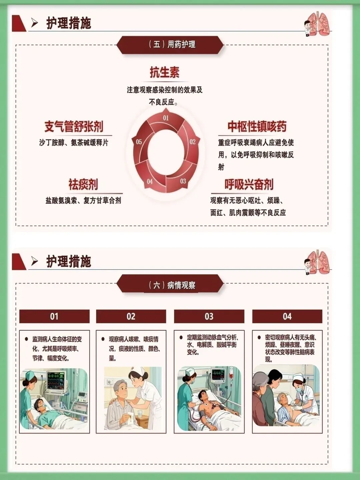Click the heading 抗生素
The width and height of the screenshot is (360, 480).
pyautogui.click(x=165, y=72)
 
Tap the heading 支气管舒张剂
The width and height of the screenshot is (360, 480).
pyautogui.click(x=74, y=127)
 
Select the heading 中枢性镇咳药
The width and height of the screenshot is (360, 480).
pyautogui.click(x=257, y=127)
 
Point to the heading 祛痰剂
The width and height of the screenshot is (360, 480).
pyautogui.click(x=83, y=184)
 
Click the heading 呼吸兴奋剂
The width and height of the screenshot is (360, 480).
pyautogui.click(x=249, y=184)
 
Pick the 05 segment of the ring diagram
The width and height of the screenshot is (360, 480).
pyautogui.click(x=140, y=144)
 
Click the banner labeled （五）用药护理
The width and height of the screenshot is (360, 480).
pyautogui.click(x=170, y=45)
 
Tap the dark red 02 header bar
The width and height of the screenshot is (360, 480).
pyautogui.click(x=131, y=316)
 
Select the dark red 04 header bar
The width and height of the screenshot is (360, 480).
pyautogui.click(x=287, y=316)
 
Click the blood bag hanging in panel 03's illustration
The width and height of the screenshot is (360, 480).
pyautogui.click(x=231, y=375)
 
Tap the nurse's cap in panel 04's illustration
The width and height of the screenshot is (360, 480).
pyautogui.click(x=298, y=377)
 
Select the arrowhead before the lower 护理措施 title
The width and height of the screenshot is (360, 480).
pyautogui.click(x=35, y=261)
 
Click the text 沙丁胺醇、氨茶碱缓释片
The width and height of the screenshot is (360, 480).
pyautogui.click(x=74, y=143)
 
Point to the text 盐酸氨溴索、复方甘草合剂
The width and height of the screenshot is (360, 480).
pyautogui.click(x=83, y=201)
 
